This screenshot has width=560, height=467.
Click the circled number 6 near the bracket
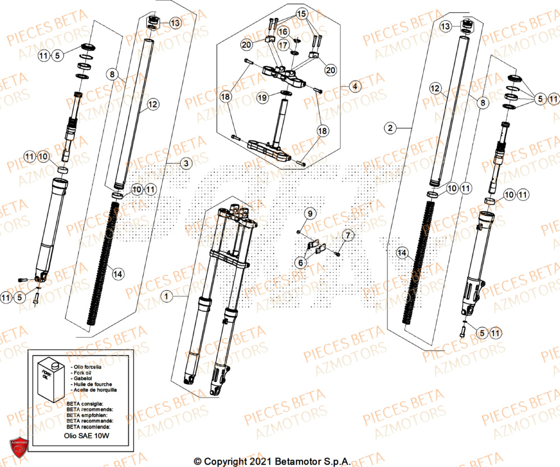[x=302, y=261]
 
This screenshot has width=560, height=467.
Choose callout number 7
[x=347, y=235]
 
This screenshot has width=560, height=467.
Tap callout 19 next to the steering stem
[x=262, y=97]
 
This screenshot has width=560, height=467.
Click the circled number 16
[x=283, y=31]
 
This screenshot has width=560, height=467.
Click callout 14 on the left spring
[x=118, y=273]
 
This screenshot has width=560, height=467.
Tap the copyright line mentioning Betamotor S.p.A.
[x=272, y=461]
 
